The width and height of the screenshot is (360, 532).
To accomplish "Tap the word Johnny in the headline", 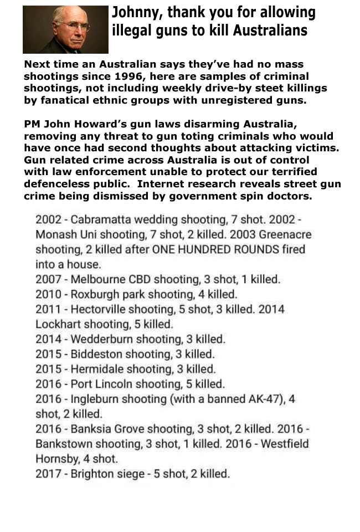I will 133,13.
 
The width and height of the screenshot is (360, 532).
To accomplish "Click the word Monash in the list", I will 56,234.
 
